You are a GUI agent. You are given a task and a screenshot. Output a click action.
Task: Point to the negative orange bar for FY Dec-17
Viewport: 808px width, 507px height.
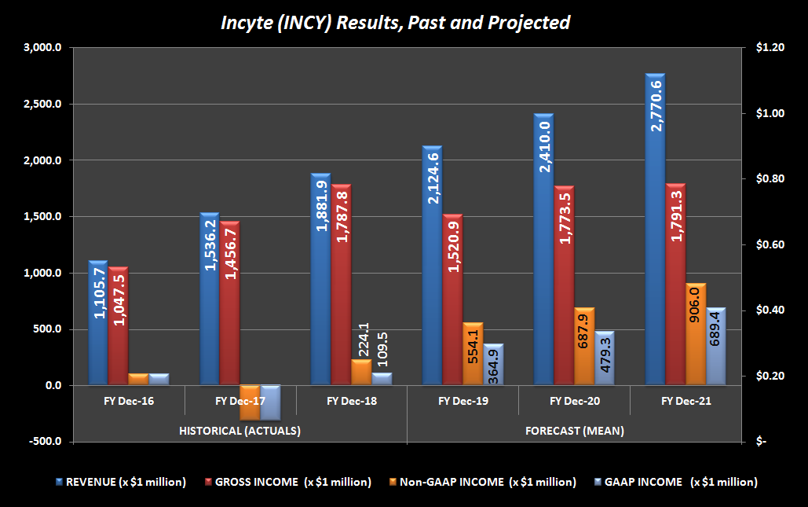(x=250, y=402)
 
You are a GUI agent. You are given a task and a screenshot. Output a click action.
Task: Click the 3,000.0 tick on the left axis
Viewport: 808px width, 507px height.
(x=44, y=48)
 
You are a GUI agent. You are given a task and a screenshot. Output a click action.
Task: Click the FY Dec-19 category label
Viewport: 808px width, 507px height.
(x=462, y=402)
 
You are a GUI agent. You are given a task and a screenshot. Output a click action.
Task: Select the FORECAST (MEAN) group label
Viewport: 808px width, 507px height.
(x=573, y=431)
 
